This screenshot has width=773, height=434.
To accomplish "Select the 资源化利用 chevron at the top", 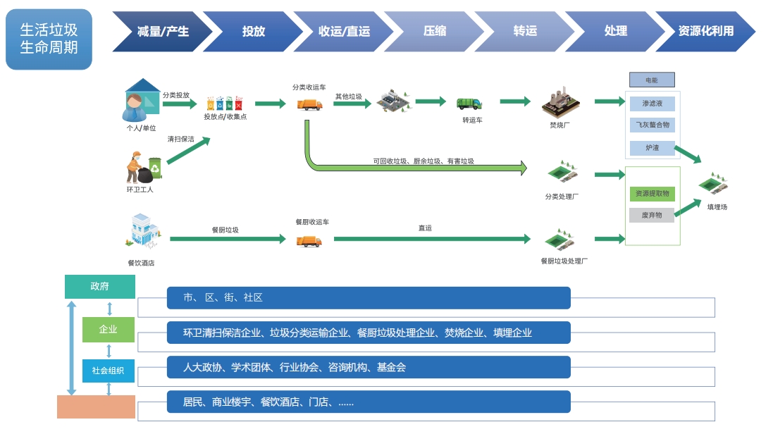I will tap(705, 31).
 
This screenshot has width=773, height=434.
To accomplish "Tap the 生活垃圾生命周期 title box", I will tap(49, 39).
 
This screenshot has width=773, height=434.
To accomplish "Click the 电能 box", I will tap(652, 80).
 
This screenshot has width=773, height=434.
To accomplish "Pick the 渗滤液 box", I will tap(652, 104).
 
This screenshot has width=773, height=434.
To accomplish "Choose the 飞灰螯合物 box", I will tap(652, 125).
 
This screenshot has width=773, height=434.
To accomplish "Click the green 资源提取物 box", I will tap(652, 194).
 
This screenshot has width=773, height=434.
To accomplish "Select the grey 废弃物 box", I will tap(652, 215).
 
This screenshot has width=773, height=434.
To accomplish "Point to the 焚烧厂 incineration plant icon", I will tap(560, 104).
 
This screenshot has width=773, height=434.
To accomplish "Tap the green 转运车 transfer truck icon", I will tap(469, 104).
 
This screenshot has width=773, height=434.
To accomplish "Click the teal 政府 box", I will tap(99, 287).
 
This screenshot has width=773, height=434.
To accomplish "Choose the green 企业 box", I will tap(108, 329).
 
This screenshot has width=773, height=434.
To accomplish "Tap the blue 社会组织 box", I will tap(108, 371).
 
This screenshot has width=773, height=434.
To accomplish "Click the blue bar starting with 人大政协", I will tap(369, 367).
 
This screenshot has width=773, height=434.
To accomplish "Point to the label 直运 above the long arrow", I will tap(425, 228).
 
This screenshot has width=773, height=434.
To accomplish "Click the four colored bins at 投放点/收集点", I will tap(224, 103).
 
